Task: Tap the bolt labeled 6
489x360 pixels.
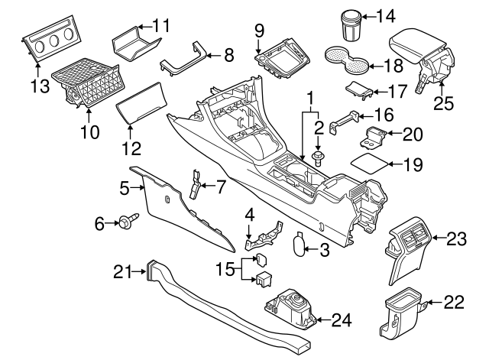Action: click(x=125, y=222)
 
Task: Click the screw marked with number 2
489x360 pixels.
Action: click(x=318, y=160)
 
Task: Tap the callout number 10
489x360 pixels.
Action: click(x=90, y=131)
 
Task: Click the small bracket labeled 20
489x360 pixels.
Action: click(x=374, y=138)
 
